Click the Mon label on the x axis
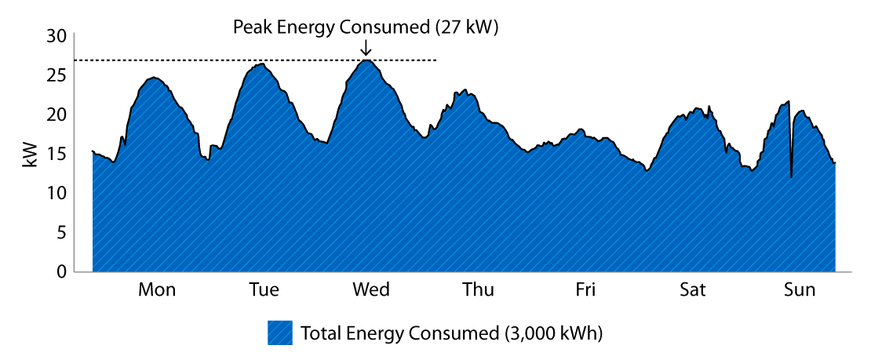click(157, 290)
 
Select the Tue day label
click(264, 290)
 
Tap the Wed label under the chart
click(371, 290)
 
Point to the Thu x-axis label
click(478, 290)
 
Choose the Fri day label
click(585, 290)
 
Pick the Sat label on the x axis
click(692, 290)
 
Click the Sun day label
click(800, 290)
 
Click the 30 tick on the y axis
click(56, 36)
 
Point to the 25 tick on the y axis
click(56, 75)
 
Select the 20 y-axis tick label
click(56, 115)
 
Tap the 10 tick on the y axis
click(56, 193)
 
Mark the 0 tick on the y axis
click(60, 271)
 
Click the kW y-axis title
click(29, 154)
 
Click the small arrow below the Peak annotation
click(366, 49)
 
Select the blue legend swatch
click(280, 333)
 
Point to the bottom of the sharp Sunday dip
click(791, 176)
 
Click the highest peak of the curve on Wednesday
click(366, 60)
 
